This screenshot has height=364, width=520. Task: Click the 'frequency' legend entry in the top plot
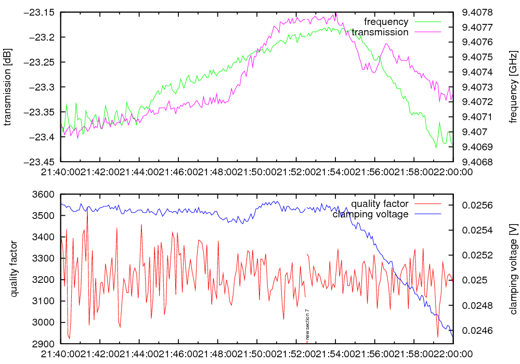pos(386,22)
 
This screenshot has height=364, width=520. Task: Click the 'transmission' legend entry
pos(380,32)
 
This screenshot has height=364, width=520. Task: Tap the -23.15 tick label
pos(43,12)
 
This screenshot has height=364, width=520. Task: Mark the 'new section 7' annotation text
pos(307,323)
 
